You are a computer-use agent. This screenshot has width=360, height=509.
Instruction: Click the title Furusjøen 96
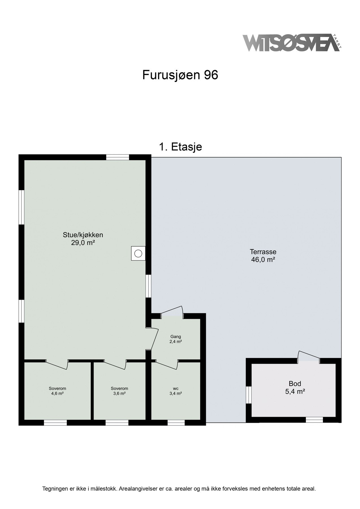[x=180, y=75]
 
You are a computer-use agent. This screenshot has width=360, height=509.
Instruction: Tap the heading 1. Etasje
[x=180, y=147]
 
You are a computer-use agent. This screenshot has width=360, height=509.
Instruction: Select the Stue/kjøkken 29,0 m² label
[x=83, y=239]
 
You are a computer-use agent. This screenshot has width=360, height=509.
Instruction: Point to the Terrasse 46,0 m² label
[x=263, y=256]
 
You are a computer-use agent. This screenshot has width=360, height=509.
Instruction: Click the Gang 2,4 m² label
[x=176, y=339]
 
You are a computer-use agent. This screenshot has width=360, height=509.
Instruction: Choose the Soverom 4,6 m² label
[x=57, y=391]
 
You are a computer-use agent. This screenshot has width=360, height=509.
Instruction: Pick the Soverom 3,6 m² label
[x=119, y=391]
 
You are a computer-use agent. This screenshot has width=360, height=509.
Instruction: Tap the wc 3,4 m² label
[x=176, y=391]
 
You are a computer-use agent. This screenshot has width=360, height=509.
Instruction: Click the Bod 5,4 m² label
[x=295, y=387]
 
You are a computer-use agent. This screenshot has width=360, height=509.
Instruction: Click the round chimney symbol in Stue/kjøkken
[x=138, y=253]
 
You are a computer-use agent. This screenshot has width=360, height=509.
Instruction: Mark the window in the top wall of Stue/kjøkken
[x=118, y=157]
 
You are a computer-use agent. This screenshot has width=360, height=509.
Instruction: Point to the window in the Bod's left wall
[x=249, y=395]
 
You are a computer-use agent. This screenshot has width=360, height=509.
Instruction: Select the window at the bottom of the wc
[x=176, y=422]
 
